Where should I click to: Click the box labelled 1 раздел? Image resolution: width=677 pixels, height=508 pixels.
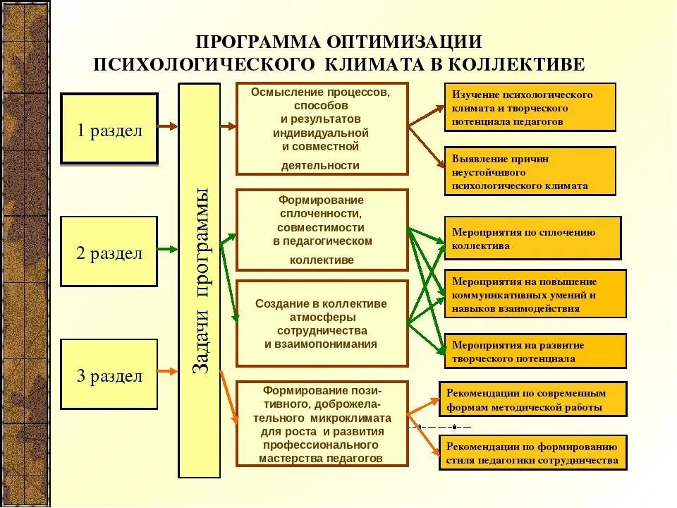(x=109, y=130)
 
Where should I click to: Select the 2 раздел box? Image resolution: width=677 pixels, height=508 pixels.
(x=109, y=252)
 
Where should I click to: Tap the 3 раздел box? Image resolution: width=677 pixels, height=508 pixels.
(x=109, y=375)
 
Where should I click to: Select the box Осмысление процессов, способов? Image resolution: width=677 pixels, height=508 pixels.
(x=322, y=128)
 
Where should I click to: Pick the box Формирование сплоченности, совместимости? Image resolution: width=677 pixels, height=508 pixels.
(x=322, y=229)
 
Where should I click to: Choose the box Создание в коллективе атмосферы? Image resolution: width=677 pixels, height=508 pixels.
(x=322, y=323)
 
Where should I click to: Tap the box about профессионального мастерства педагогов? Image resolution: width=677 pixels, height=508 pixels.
(x=322, y=423)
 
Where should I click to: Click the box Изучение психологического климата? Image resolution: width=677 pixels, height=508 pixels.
(x=530, y=107)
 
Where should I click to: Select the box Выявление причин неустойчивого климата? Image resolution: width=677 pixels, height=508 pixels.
(x=530, y=171)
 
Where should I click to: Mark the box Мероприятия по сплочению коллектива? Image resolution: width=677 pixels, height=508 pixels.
(x=532, y=238)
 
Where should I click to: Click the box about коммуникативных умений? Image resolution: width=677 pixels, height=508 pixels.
(x=535, y=293)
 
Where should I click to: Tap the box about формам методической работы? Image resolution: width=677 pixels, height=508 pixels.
(x=532, y=399)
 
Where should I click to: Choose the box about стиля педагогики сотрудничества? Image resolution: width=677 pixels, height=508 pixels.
(x=532, y=452)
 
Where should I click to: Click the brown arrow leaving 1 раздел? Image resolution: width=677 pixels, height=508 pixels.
(x=168, y=127)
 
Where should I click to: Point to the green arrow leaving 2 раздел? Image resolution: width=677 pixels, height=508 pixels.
(x=168, y=249)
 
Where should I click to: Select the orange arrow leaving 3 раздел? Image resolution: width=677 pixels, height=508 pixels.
(x=168, y=372)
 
